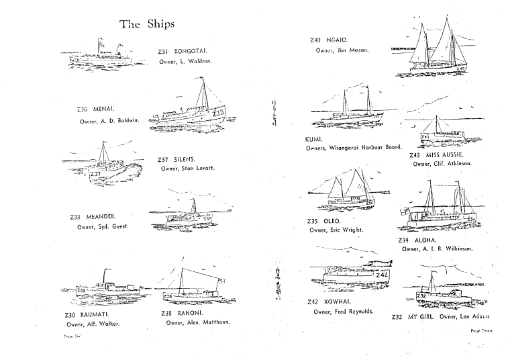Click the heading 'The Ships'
(147, 24)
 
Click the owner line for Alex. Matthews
(198, 322)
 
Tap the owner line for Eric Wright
(336, 230)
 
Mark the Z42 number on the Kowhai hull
(381, 275)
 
